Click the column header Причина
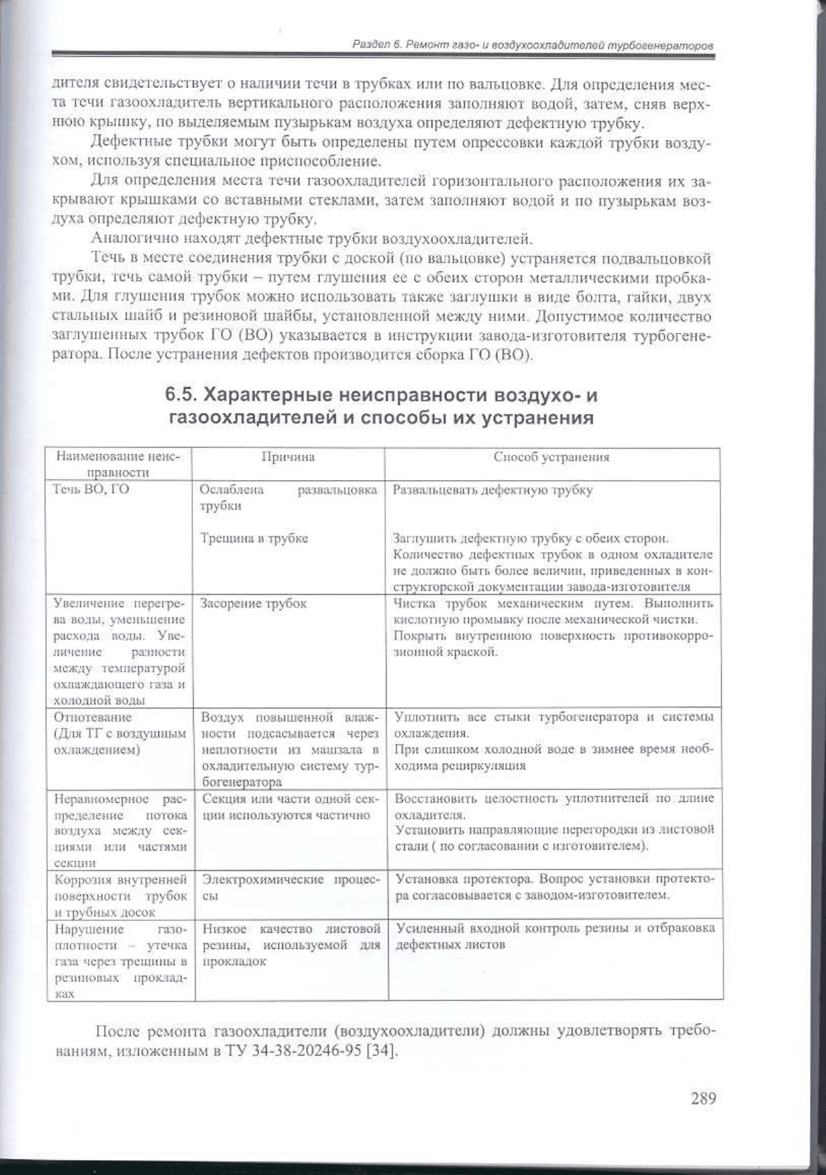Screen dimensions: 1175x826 287,457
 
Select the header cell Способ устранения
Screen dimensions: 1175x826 551,457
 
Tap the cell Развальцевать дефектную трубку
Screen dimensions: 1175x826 492,489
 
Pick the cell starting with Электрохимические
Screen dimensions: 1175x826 289,887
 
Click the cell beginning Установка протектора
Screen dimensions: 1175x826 554,887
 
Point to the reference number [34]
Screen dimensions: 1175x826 382,1053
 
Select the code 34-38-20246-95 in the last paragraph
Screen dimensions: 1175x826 307,1053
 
